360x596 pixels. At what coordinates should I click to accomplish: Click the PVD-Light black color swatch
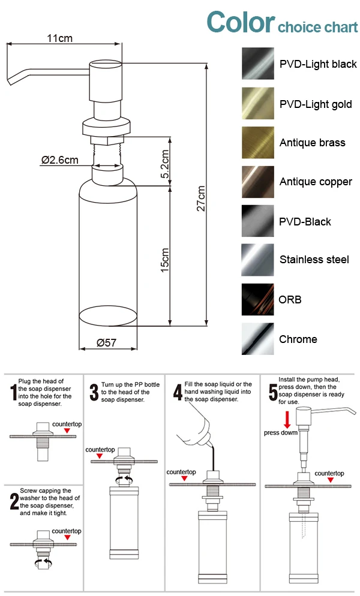click(258, 64)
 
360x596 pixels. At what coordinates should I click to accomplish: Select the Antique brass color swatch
click(258, 143)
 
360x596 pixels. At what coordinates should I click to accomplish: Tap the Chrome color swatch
click(258, 339)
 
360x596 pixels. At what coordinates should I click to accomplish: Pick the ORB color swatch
click(258, 300)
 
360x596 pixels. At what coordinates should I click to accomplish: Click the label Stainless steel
click(314, 260)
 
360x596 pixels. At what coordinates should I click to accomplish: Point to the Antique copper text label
click(316, 182)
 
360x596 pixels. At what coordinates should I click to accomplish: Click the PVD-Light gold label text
click(316, 104)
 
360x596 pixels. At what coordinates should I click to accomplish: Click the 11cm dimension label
click(60, 38)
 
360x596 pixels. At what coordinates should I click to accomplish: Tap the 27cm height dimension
click(202, 198)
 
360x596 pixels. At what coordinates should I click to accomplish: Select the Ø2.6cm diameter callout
click(60, 160)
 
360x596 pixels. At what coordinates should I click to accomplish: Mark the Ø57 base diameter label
click(107, 343)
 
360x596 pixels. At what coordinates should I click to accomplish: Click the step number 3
click(94, 393)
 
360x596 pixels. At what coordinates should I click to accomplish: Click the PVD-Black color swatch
click(258, 221)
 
